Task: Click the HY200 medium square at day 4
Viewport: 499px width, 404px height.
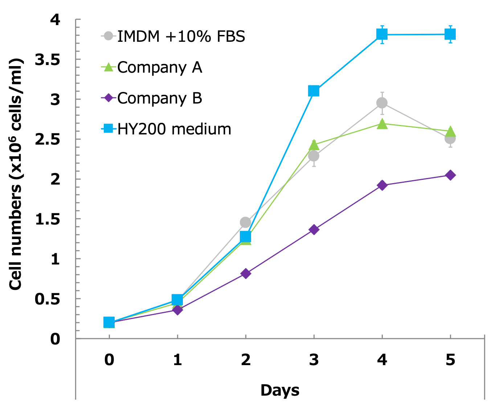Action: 382,35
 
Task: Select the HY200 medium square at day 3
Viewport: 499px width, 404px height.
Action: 314,91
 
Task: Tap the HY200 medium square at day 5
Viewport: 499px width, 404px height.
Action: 450,35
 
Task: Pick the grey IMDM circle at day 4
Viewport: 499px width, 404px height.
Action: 382,103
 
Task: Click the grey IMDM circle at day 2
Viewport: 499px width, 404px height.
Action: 245,222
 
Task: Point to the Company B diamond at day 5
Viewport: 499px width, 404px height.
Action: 450,175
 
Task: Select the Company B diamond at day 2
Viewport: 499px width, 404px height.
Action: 246,273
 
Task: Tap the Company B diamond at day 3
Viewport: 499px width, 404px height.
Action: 314,229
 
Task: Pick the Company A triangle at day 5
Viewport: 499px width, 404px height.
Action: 450,131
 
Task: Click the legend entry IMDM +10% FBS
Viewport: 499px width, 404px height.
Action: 181,36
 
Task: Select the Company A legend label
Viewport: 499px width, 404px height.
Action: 159,67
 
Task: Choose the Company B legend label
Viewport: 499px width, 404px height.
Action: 159,98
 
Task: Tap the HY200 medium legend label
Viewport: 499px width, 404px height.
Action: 174,129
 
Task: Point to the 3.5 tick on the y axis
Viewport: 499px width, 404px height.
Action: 47,60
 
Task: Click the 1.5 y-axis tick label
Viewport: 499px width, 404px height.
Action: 47,219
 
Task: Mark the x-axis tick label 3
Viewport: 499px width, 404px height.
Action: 314,360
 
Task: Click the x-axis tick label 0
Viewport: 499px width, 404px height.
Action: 109,360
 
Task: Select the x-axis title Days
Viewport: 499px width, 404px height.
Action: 280,390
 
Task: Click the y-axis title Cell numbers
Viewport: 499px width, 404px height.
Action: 16,174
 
